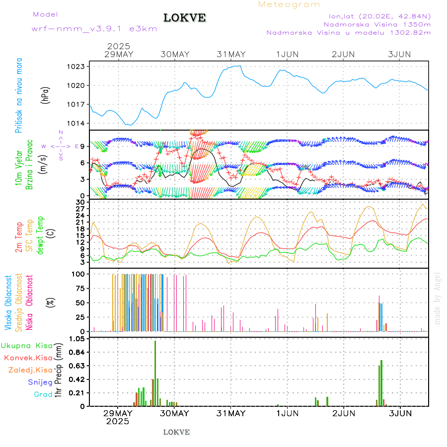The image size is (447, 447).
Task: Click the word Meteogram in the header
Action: (x=289, y=4)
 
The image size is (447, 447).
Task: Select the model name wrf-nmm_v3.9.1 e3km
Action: (x=94, y=28)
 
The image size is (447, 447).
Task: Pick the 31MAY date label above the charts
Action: (x=231, y=54)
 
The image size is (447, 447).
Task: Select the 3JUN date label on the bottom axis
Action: (x=399, y=413)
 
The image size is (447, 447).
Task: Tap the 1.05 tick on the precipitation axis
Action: (x=76, y=339)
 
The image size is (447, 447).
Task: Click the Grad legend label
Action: (x=43, y=394)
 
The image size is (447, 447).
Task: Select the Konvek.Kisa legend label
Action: (x=28, y=358)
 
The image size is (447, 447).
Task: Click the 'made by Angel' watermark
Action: (x=438, y=298)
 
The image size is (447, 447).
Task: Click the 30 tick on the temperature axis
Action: (x=80, y=203)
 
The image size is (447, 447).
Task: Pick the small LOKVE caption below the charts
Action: (x=176, y=432)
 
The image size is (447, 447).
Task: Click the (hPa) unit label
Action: (x=46, y=95)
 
